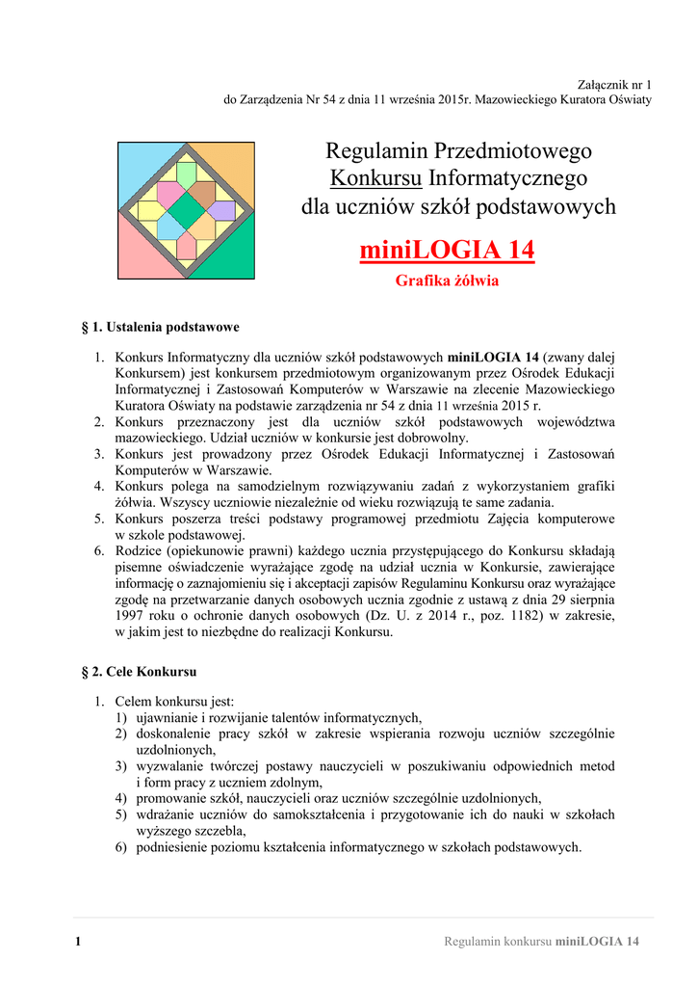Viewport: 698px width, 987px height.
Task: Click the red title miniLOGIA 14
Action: point(447,251)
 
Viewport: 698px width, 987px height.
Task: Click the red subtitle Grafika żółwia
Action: point(447,281)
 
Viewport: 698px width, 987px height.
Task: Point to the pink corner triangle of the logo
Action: point(136,260)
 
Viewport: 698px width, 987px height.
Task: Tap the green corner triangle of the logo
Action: point(235,260)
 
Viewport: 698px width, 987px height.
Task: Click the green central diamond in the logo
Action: point(187,211)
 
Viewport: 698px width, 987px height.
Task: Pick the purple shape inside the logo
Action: point(222,210)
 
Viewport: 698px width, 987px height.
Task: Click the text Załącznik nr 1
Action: point(613,85)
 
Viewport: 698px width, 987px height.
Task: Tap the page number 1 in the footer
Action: point(77,941)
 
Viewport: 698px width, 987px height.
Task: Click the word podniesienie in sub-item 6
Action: point(174,847)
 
